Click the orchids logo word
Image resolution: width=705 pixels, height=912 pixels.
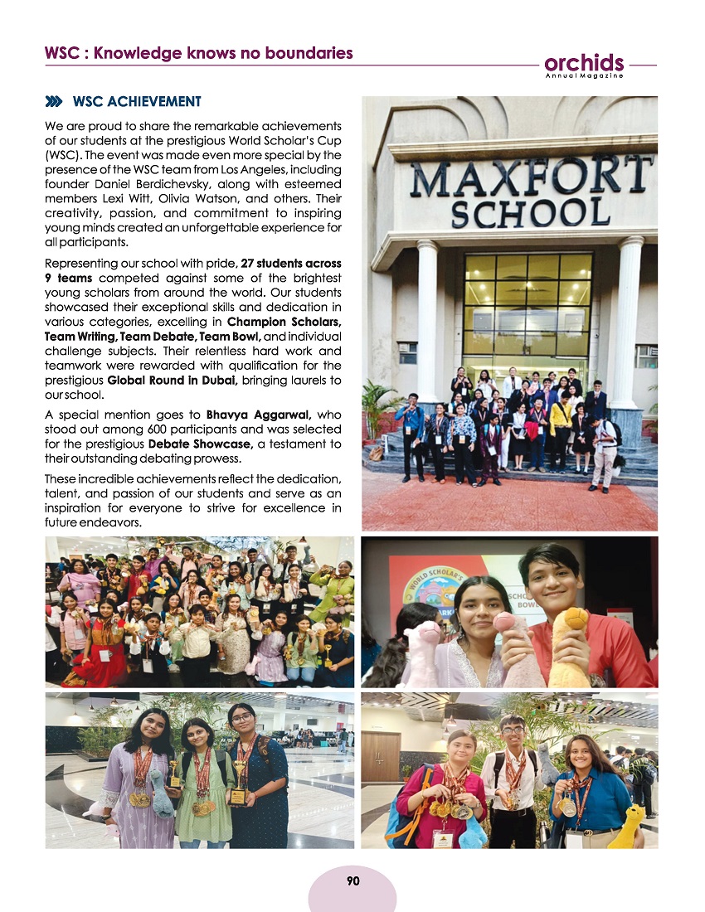coord(584,63)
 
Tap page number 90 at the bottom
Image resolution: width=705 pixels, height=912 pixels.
coord(352,881)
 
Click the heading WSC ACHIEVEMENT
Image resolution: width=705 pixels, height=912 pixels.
coord(137,102)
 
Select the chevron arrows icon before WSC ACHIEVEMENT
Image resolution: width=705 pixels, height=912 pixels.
coord(54,102)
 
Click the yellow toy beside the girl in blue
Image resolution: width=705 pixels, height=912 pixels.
coord(627,827)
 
